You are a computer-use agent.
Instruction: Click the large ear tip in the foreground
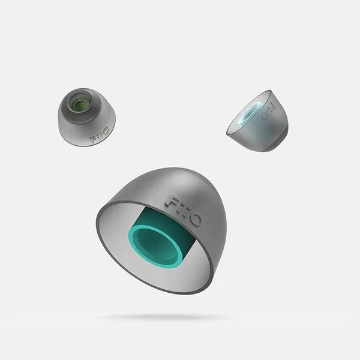coord(161,230)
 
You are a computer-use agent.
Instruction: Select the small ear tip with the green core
coord(87,117)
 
